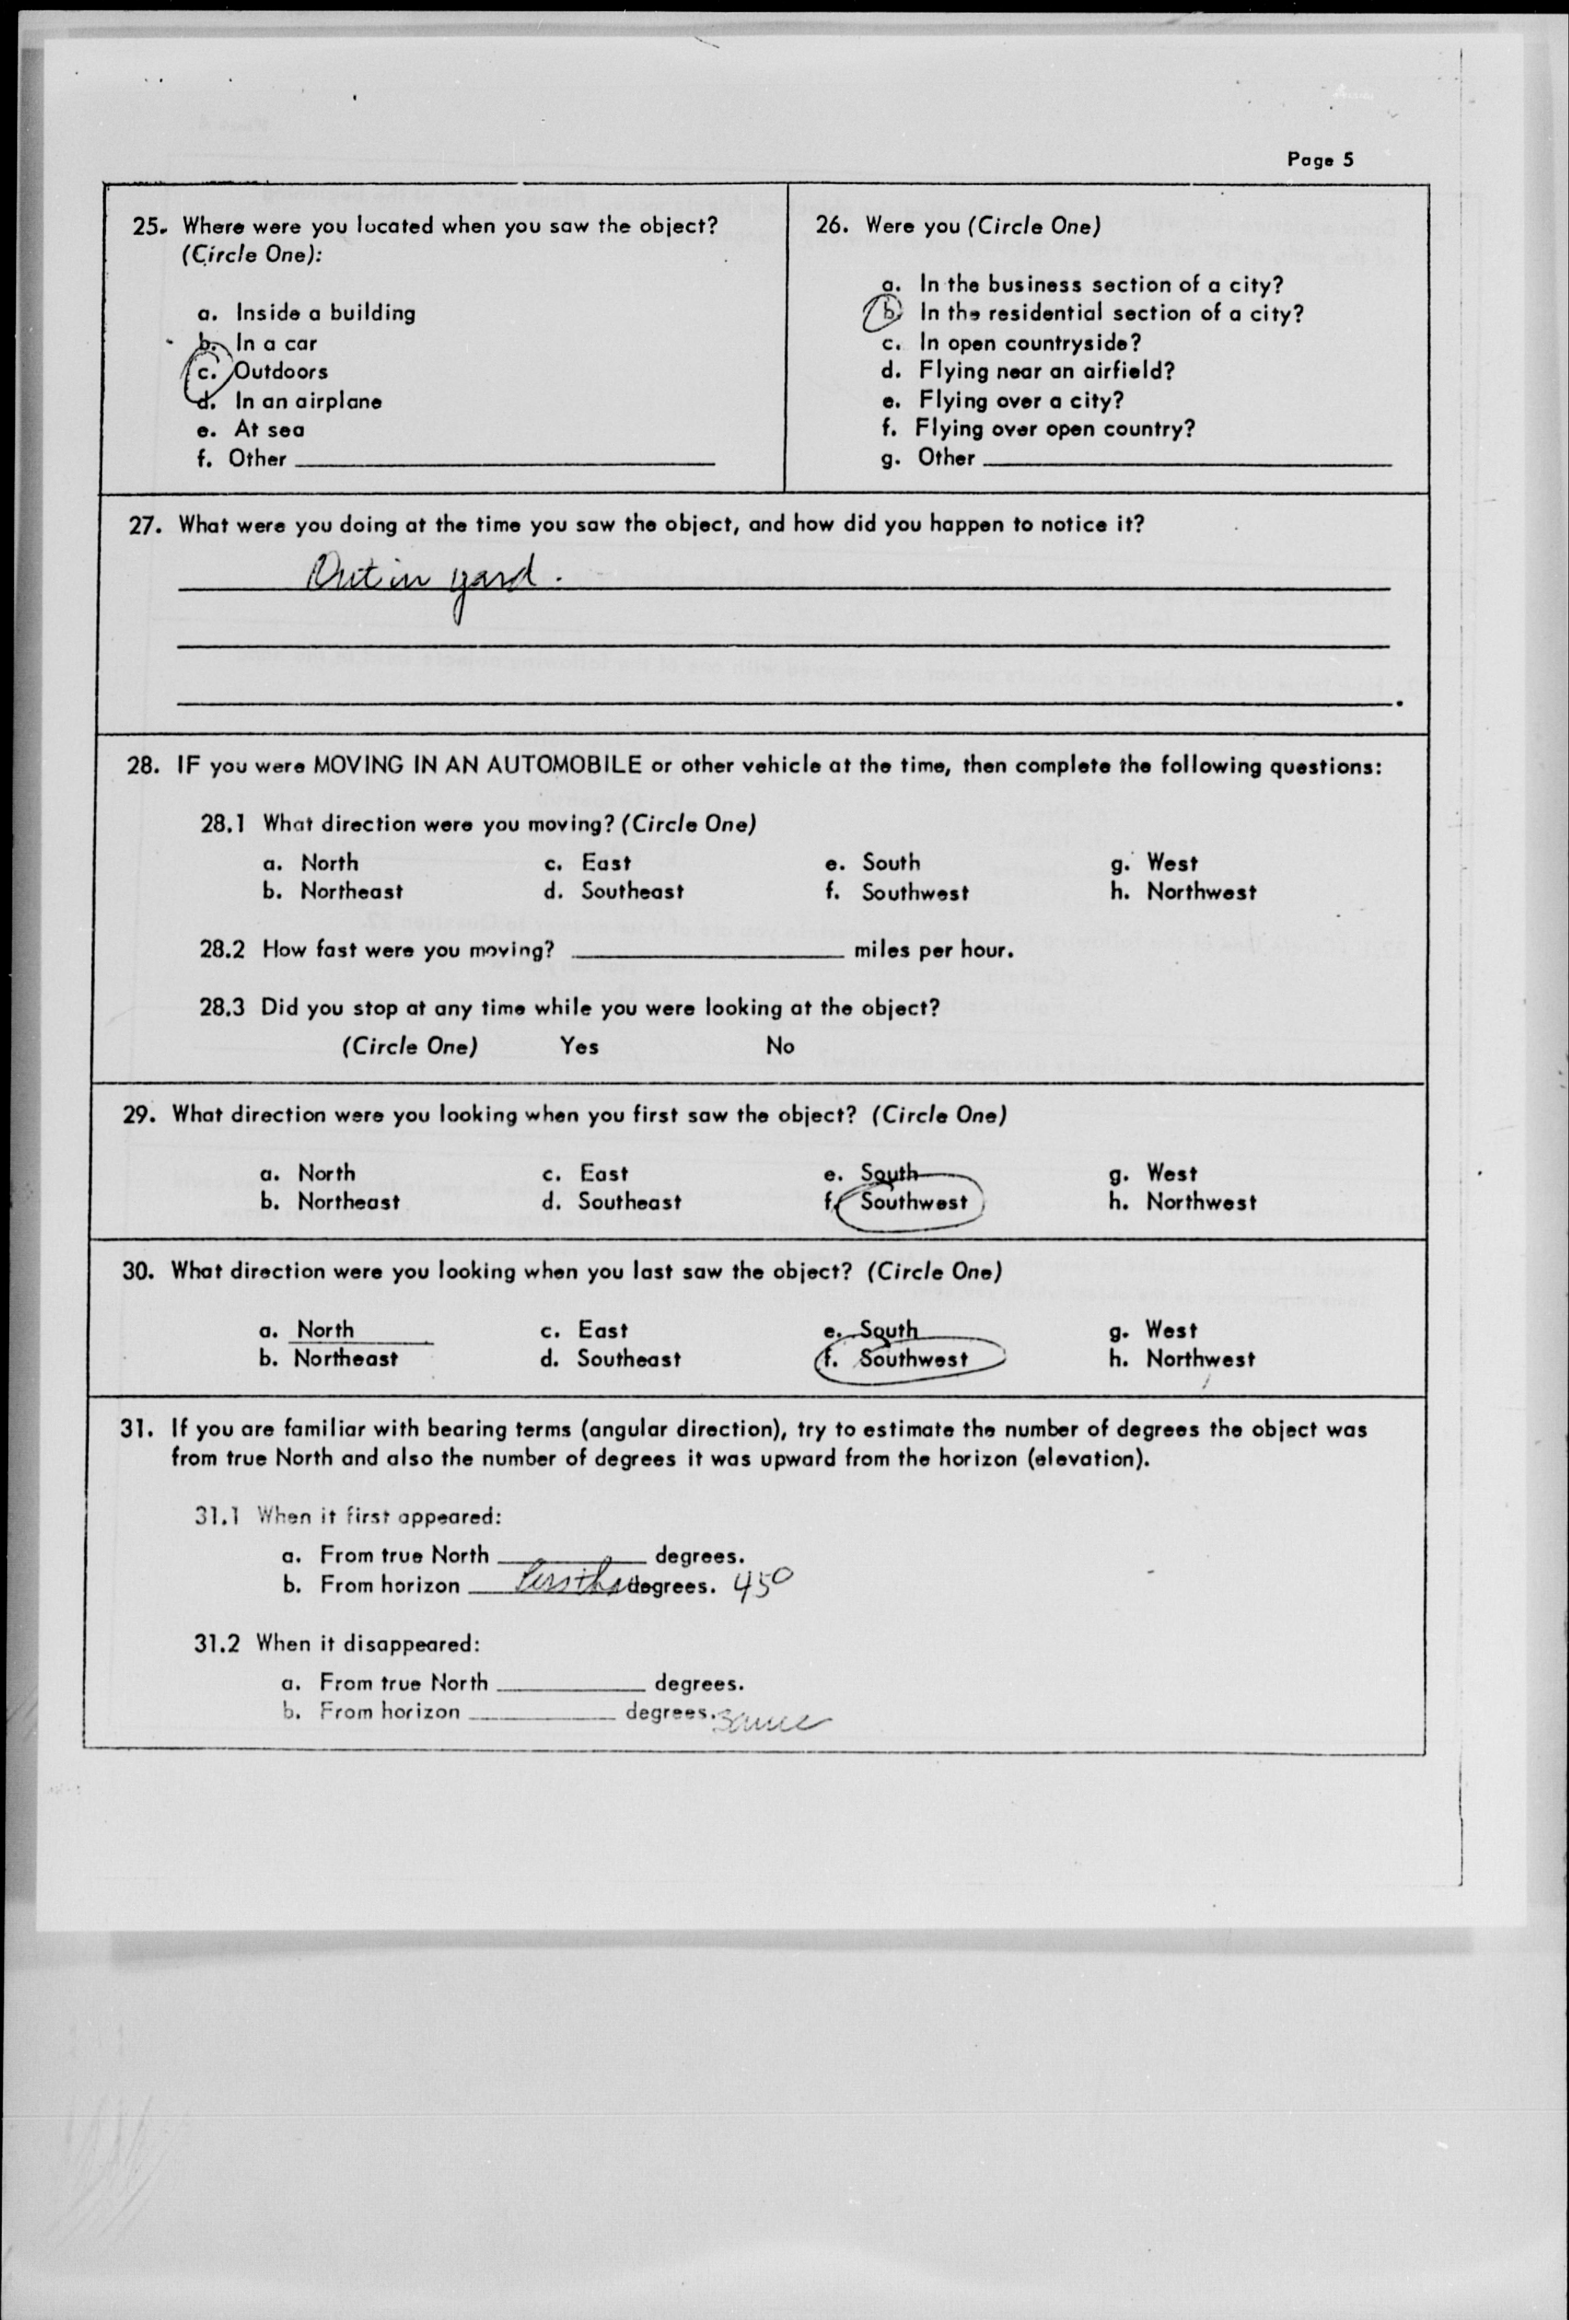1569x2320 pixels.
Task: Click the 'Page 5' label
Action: [1320, 160]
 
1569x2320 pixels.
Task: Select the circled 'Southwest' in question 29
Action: [913, 1202]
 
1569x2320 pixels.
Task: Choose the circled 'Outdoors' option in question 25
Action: [280, 372]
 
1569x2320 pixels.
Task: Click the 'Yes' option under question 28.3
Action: [579, 1046]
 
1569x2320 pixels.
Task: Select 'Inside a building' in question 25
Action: [324, 314]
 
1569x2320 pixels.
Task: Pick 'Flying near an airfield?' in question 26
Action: [1046, 372]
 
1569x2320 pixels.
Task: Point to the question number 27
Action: [145, 525]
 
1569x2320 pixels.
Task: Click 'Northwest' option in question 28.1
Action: [1201, 892]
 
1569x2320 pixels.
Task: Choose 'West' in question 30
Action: [1170, 1330]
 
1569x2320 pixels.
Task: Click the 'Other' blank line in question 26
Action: [1188, 462]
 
